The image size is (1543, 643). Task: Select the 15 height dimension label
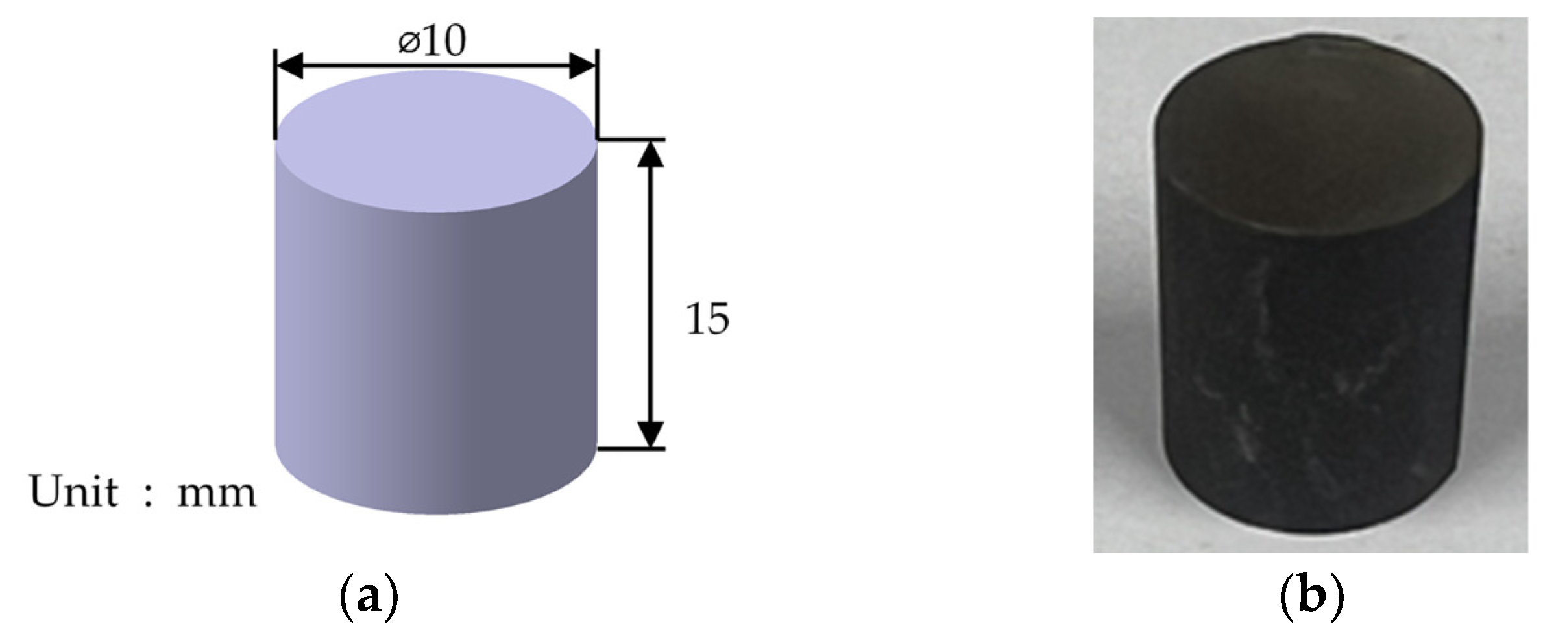(x=707, y=319)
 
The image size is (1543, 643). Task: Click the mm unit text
(x=217, y=494)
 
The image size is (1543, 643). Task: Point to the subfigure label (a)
(x=368, y=597)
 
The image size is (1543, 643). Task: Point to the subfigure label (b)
(x=1311, y=597)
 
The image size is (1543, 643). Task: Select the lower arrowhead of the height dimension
(x=651, y=433)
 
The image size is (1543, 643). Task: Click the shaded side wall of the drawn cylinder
(x=436, y=337)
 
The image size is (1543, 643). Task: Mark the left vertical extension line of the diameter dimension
(x=275, y=97)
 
